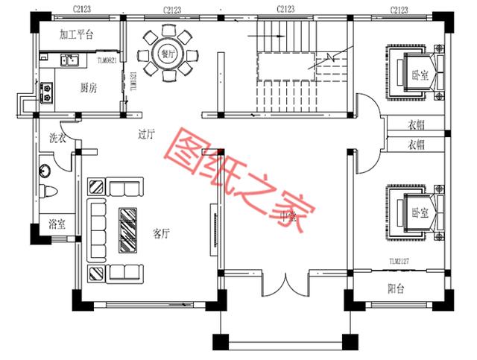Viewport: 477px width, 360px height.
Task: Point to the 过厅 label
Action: point(146,135)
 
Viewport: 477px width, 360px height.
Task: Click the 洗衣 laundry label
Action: point(57,138)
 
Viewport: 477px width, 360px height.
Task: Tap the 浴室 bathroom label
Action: point(57,224)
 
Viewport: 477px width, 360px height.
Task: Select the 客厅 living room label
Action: point(162,233)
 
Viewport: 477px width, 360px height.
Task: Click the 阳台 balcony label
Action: point(396,290)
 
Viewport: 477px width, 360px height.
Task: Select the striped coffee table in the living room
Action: point(128,227)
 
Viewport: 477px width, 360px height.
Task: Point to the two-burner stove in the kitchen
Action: point(46,92)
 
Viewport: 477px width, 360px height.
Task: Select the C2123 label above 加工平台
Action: point(82,9)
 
